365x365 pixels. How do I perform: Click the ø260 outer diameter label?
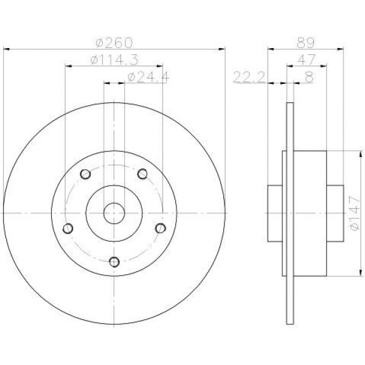(x=114, y=43)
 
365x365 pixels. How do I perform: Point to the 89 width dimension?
(x=305, y=43)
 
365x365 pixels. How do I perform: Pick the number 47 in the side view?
(x=306, y=60)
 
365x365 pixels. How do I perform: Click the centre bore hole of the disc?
(x=114, y=212)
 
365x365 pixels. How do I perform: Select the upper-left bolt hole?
(x=86, y=175)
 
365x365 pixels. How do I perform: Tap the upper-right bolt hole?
(x=142, y=175)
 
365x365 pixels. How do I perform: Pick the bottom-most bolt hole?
(x=114, y=262)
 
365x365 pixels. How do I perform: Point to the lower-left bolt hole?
(x=68, y=228)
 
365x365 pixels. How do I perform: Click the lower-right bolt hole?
(x=160, y=228)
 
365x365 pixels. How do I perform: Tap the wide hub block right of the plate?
(x=311, y=212)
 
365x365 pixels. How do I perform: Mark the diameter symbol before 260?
(x=99, y=43)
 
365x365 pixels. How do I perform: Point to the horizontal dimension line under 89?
(x=306, y=50)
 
